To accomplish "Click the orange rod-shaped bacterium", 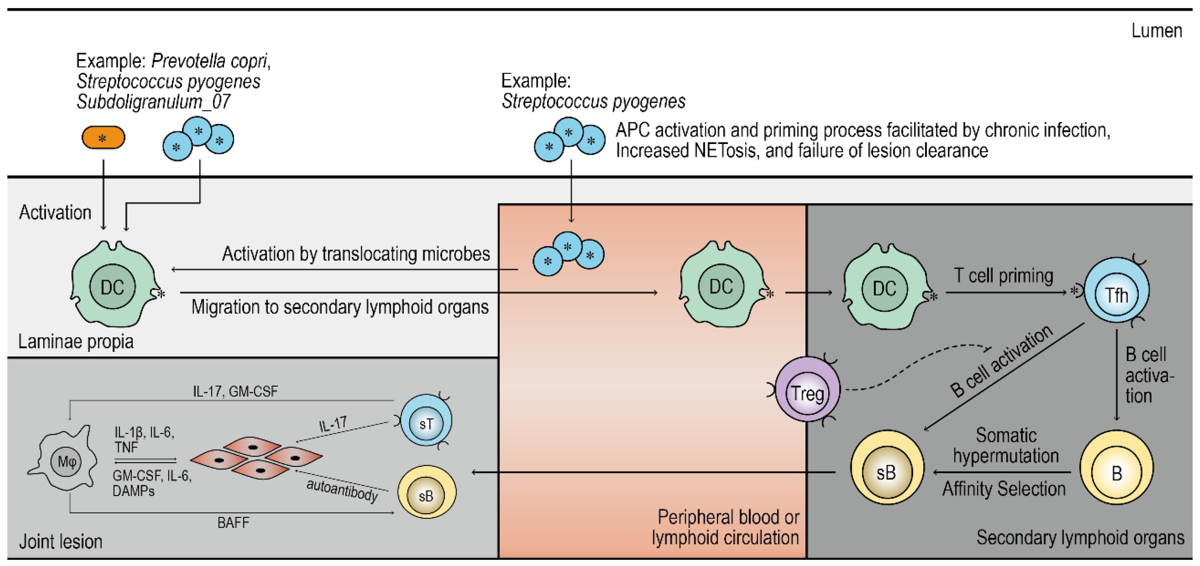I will click(103, 138).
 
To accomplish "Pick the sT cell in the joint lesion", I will click(426, 422).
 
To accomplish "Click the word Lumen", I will click(1156, 31).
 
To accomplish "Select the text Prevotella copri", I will click(210, 61).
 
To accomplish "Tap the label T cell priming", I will click(1003, 276).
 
